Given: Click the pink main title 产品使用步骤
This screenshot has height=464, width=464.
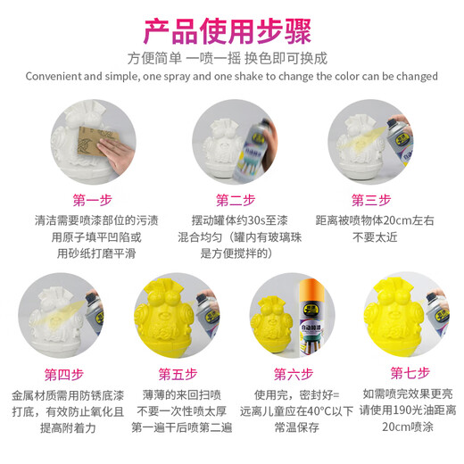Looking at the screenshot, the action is coord(228,31).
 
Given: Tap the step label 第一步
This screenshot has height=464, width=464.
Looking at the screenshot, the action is coord(93,200).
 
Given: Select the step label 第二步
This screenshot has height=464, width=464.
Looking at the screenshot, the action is coord(236,200).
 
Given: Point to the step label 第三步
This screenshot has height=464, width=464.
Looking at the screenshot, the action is coord(371,200).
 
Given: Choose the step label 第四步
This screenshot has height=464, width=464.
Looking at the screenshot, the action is coord(64,375).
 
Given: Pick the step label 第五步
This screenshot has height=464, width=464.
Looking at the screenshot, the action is coord(178,374).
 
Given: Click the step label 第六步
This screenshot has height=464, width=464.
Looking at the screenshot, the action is coord(294,374).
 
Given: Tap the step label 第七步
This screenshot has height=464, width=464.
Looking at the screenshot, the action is coord(410,373).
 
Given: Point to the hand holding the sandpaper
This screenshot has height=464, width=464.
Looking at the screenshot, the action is coord(116,154).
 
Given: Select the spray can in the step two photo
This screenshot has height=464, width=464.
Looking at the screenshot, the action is coord(252,150).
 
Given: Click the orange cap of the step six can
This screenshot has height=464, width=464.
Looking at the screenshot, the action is coord(311,289).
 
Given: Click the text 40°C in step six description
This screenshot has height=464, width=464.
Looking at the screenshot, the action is coord(319,411).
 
